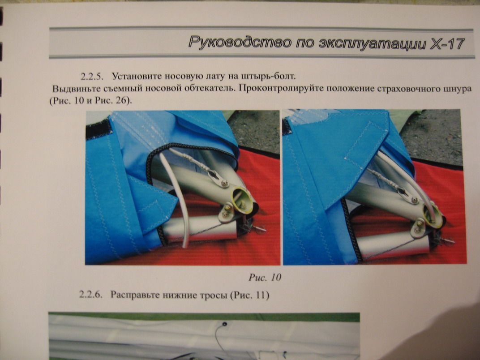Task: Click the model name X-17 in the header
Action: pyautogui.click(x=447, y=43)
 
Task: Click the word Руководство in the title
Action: pyautogui.click(x=240, y=42)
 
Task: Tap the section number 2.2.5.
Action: pyautogui.click(x=90, y=77)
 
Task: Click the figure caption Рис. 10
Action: pyautogui.click(x=265, y=277)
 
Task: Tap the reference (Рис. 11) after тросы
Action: pyautogui.click(x=249, y=295)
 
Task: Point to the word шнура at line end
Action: pyautogui.click(x=457, y=89)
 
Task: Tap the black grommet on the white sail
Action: pyautogui.click(x=224, y=324)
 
